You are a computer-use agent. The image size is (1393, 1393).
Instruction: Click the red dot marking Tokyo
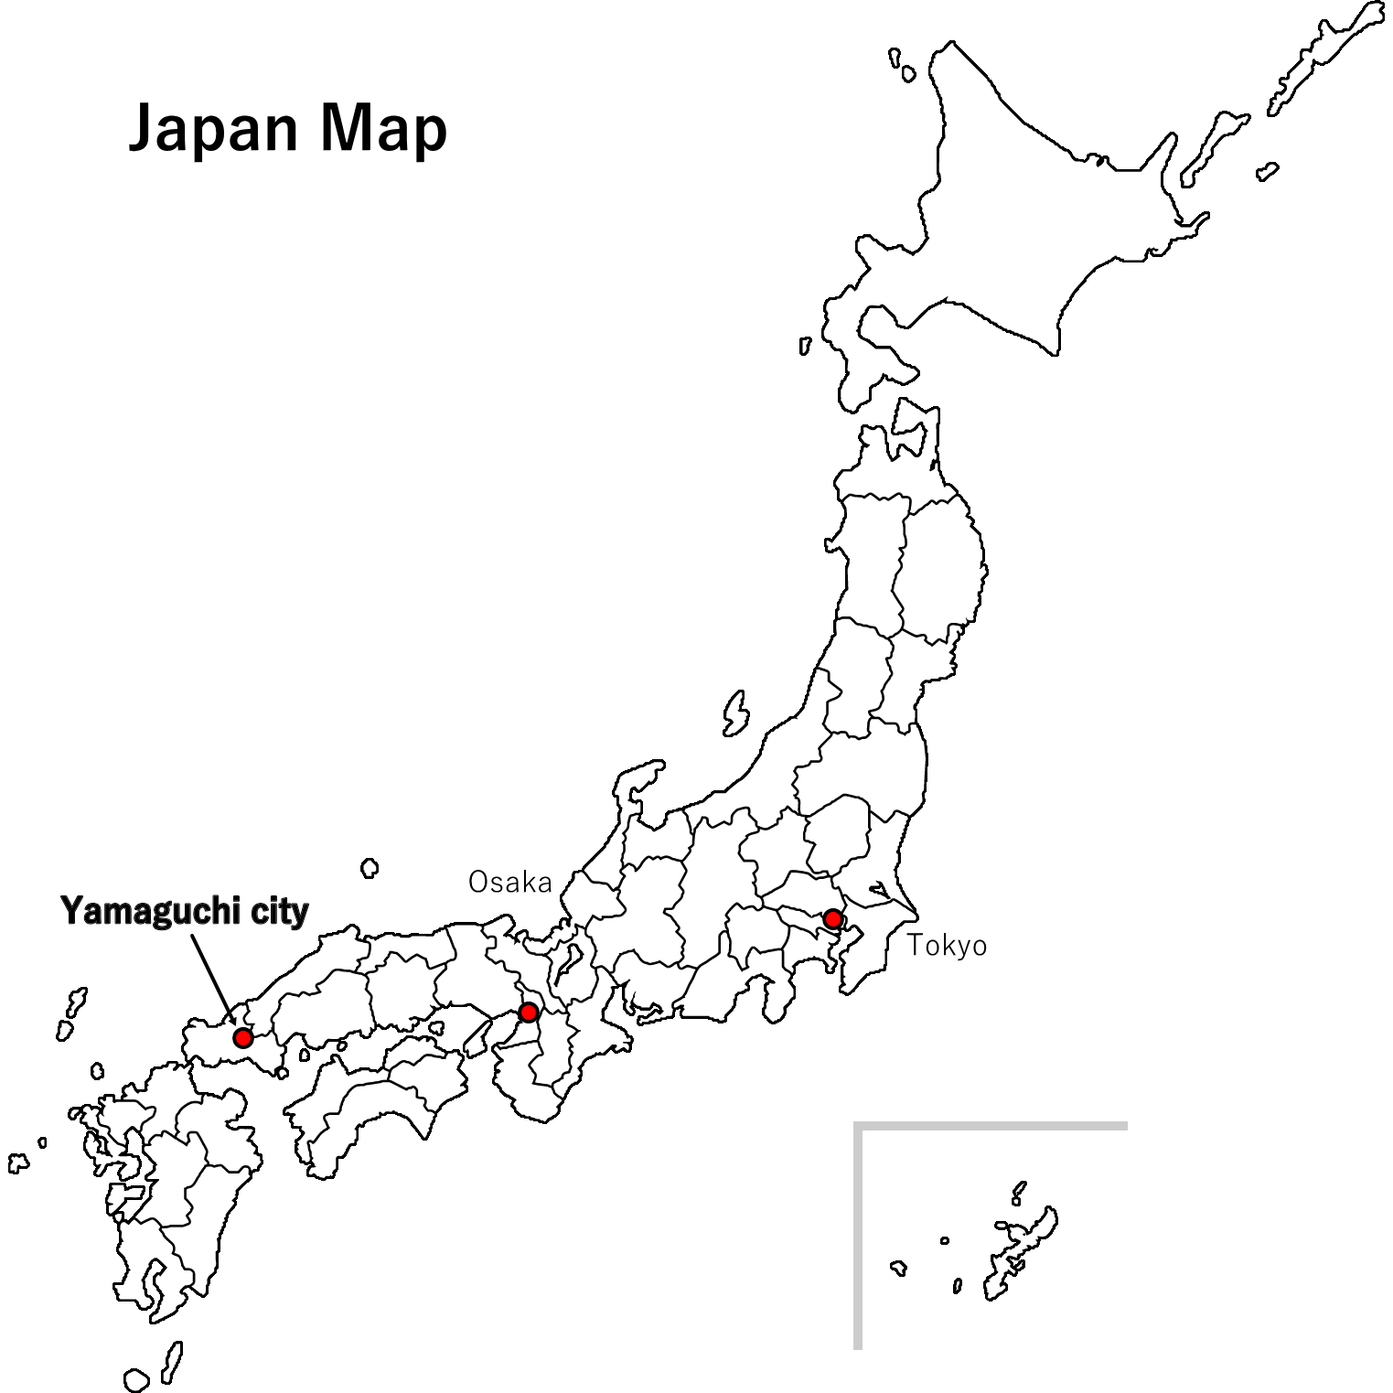coord(832,918)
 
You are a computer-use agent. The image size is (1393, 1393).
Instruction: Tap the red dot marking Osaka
coord(528,1013)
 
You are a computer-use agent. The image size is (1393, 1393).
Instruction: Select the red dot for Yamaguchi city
coord(242,1037)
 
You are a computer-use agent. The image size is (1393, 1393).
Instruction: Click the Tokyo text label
coord(947,946)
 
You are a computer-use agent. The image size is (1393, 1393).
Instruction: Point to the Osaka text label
coord(509,883)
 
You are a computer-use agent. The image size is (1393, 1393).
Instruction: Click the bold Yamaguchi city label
coord(184,911)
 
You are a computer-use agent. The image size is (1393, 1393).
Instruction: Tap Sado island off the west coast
coord(735,714)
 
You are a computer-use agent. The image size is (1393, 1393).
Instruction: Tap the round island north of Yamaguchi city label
coord(370,867)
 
